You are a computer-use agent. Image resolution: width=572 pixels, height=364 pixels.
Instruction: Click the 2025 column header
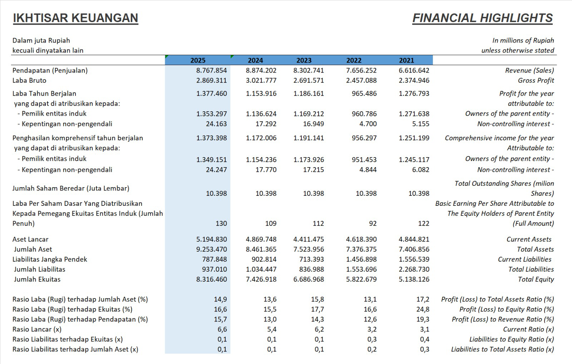[198, 60]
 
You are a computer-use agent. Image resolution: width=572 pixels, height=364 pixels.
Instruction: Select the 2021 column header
[406, 60]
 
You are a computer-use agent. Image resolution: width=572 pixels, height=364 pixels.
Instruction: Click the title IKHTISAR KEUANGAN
[75, 18]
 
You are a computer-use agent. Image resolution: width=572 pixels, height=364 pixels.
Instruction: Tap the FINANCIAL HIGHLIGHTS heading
[482, 18]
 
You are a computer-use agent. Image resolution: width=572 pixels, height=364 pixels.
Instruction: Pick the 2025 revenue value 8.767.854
[211, 71]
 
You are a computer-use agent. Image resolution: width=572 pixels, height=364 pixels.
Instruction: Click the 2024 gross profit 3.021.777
[261, 81]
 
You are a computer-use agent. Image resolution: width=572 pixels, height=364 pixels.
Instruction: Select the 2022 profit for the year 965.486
[364, 93]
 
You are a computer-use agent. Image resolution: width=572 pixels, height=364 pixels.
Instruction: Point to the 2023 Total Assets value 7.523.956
[309, 249]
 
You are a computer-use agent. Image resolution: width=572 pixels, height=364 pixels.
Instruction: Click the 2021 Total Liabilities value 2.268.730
[414, 269]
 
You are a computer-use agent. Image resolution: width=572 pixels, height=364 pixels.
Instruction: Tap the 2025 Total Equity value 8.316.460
[211, 279]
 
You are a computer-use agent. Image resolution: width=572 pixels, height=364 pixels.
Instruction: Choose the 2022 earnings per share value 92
[373, 223]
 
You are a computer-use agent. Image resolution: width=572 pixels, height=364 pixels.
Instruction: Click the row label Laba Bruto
[29, 81]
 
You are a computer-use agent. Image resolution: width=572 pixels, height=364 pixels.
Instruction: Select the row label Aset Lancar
[30, 239]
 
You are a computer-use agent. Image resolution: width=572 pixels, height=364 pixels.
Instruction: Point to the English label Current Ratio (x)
[528, 329]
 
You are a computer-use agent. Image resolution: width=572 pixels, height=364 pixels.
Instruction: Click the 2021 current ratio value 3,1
[424, 329]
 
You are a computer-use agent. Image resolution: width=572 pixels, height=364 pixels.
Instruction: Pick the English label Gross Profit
[536, 81]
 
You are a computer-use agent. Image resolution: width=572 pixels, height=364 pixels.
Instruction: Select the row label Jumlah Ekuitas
[37, 279]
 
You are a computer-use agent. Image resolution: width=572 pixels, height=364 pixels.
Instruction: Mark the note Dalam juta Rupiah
[41, 40]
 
